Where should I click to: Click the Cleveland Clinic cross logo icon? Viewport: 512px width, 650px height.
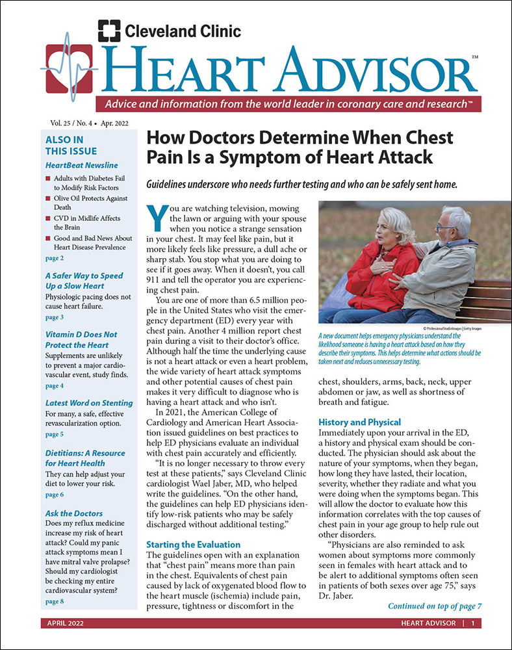(x=109, y=31)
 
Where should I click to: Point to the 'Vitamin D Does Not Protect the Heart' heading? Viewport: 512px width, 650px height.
(x=76, y=339)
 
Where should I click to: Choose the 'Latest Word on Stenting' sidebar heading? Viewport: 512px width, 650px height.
(x=88, y=403)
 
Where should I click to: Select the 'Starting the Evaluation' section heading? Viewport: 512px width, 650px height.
(x=193, y=544)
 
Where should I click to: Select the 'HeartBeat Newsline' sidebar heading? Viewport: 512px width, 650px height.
(x=81, y=165)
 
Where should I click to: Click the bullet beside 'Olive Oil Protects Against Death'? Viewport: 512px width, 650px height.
(x=49, y=198)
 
